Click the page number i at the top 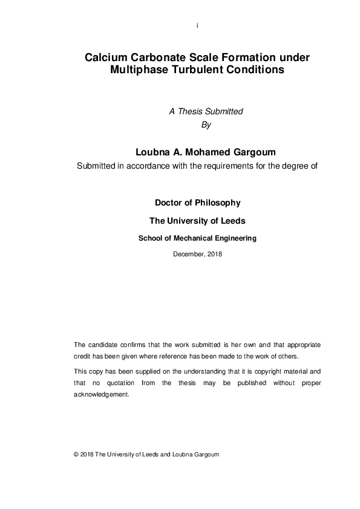tap(197, 26)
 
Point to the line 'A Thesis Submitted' tap(205, 111)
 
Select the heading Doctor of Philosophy tap(197, 203)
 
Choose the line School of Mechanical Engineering tap(197, 238)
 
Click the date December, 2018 tap(197, 254)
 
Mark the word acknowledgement tap(101, 394)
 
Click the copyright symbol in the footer tap(76, 455)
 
